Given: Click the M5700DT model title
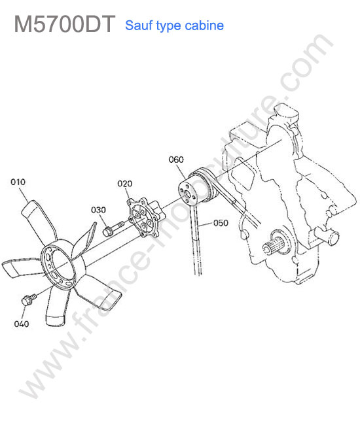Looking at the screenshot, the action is [65, 24].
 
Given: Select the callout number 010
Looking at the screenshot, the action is [18, 182].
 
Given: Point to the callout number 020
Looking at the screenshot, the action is [124, 184].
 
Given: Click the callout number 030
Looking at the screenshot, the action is [98, 210].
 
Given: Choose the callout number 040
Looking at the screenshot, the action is [22, 324].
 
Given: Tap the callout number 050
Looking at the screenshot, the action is [221, 223].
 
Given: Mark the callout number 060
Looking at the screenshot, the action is [176, 160].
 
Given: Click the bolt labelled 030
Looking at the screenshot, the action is [113, 228].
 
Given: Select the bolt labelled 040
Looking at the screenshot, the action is [28, 300].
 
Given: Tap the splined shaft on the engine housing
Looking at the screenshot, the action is [273, 245].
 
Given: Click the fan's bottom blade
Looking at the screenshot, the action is [56, 306].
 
